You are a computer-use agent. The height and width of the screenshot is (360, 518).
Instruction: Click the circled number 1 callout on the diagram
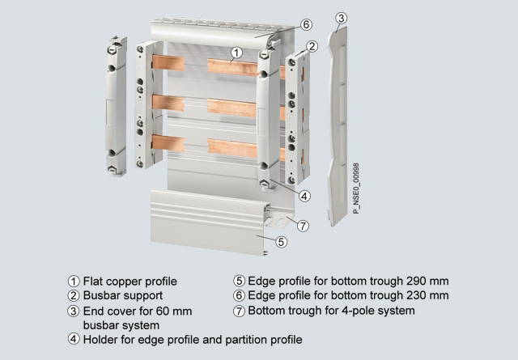[x=236, y=53]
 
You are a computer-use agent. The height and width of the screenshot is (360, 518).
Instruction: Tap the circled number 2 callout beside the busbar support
[x=312, y=47]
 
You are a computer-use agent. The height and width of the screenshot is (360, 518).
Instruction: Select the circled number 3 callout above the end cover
[x=342, y=18]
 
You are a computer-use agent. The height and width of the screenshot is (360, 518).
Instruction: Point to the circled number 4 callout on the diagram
[x=304, y=197]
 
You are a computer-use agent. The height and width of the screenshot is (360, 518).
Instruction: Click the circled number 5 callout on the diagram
[x=281, y=242]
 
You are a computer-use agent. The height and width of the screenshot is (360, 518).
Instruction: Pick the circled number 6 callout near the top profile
[x=306, y=24]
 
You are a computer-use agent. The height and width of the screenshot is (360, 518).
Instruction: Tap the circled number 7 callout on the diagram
[x=303, y=227]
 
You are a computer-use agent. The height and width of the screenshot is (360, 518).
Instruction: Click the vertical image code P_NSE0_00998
[x=356, y=188]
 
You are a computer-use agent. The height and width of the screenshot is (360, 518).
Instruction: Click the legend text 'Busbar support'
[x=123, y=295]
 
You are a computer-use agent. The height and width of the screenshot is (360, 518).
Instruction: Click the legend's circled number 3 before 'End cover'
[x=74, y=311]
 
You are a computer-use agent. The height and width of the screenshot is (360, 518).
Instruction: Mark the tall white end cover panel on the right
[x=338, y=126]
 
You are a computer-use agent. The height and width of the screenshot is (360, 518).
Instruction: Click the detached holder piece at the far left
[x=116, y=106]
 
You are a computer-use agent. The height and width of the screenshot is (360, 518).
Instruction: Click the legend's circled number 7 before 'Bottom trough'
[x=239, y=311]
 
